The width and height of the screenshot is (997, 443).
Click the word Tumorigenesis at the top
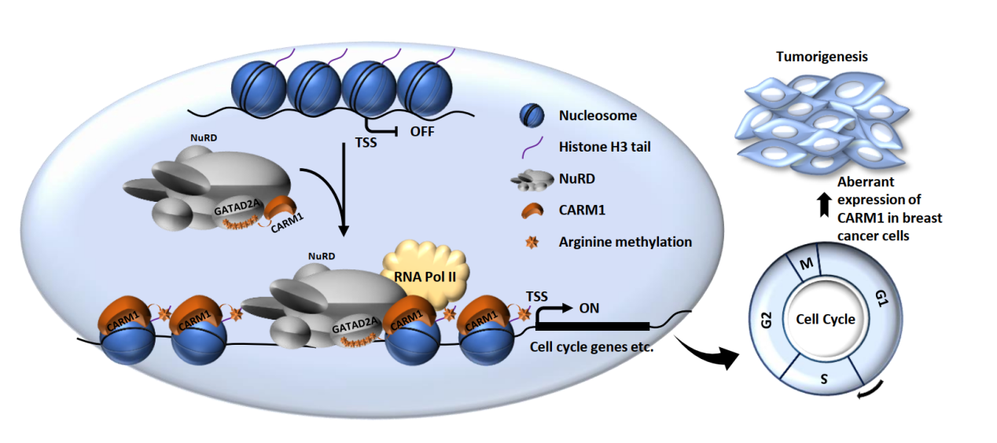(823, 57)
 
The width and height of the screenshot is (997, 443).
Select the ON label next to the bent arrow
(588, 308)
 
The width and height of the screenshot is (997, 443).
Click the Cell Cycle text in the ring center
(826, 320)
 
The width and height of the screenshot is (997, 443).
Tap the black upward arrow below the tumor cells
(821, 205)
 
